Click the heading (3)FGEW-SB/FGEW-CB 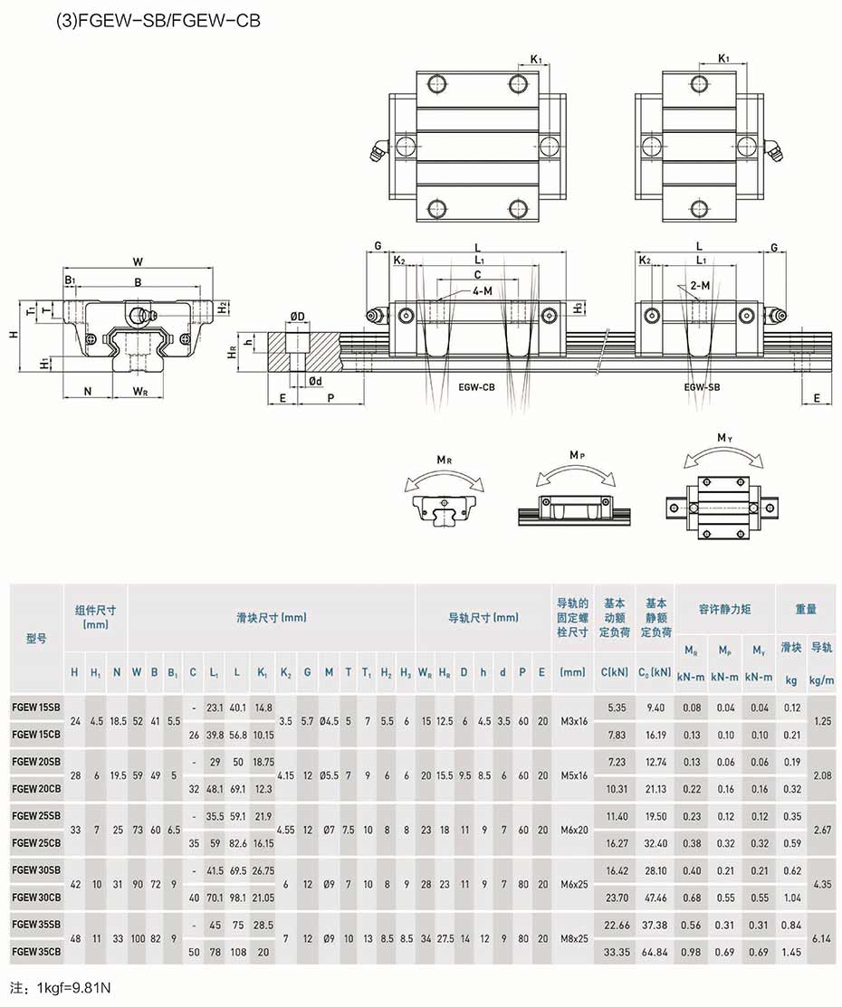point(158,21)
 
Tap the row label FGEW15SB point(36,708)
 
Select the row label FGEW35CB point(36,952)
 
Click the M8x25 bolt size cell point(574,938)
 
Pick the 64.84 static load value point(655,952)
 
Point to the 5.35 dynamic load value point(617,708)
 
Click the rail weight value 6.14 point(822,938)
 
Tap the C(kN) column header point(615,672)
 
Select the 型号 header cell point(36,639)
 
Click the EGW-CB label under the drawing point(476,387)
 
